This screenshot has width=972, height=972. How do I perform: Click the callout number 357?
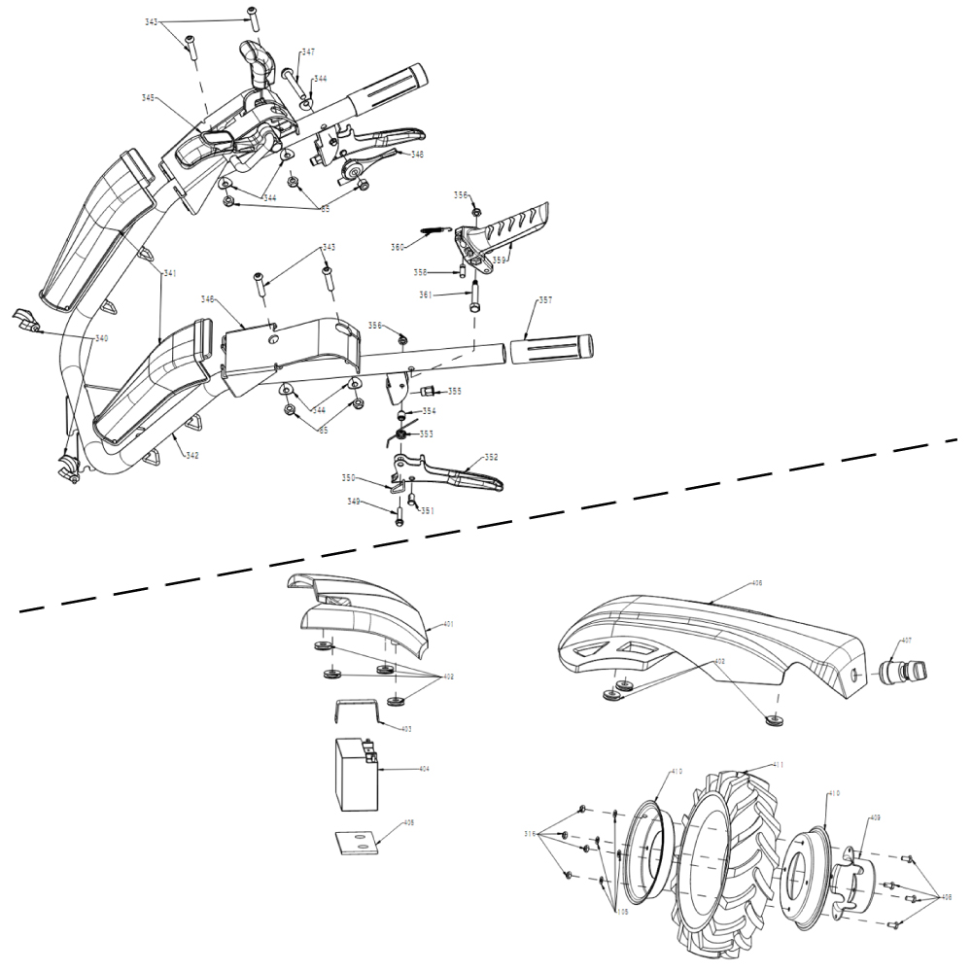(x=545, y=301)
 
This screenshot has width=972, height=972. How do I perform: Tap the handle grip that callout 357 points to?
(x=550, y=346)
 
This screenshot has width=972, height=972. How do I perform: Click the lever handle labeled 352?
(x=457, y=473)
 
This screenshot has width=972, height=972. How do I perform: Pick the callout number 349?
(x=354, y=502)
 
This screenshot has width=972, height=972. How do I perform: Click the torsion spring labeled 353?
(x=400, y=433)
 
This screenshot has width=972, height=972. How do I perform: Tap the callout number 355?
(x=455, y=391)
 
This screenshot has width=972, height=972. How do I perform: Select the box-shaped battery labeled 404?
(x=356, y=773)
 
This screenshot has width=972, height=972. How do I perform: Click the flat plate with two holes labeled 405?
(x=356, y=841)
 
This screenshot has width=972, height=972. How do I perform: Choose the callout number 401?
(x=448, y=623)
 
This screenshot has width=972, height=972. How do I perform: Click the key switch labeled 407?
(x=903, y=671)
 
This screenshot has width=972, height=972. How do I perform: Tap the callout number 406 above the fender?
(x=756, y=584)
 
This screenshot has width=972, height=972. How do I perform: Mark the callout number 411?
(x=778, y=766)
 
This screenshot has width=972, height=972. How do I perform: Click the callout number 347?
(x=307, y=52)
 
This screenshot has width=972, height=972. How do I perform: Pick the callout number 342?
(x=192, y=455)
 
